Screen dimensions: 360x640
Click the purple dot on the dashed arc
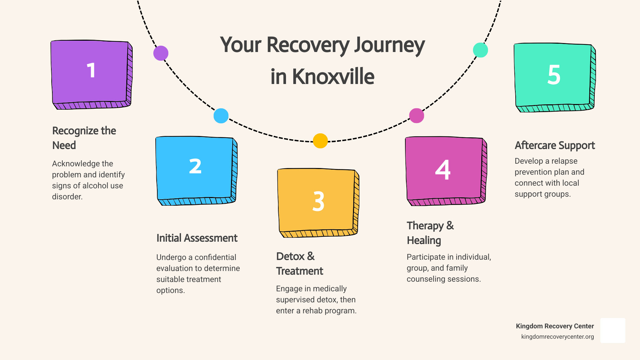coord(161,53)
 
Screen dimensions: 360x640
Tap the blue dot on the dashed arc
coord(221,116)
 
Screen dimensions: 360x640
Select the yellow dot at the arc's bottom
coord(320,141)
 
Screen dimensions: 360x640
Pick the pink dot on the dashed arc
coord(417,116)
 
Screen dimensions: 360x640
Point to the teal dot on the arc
coord(480,50)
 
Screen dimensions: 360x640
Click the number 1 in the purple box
coord(91,70)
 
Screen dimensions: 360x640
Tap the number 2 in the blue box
coord(195,166)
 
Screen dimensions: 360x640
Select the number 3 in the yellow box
coord(318,201)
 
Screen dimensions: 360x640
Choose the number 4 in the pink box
coord(443,170)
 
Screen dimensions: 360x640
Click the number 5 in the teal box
coord(554,75)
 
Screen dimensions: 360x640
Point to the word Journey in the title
coord(389,45)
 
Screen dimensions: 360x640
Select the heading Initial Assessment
coord(197,238)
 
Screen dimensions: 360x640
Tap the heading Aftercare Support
coord(555,145)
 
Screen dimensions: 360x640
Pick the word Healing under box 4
coord(424,240)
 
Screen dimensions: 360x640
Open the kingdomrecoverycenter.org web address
coord(557,337)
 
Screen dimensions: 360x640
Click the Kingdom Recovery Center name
coord(555,326)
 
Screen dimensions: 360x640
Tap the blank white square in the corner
coord(613,330)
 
